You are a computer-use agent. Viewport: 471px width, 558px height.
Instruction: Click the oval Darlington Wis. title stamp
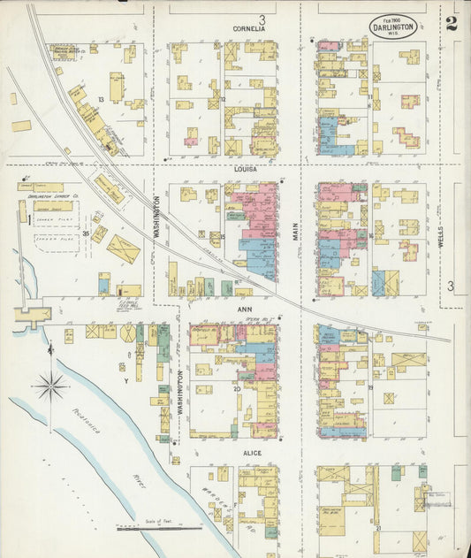coord(393,25)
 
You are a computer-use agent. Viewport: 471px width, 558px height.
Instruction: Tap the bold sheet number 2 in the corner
coord(452,23)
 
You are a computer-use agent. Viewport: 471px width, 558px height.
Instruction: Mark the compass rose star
coord(50,386)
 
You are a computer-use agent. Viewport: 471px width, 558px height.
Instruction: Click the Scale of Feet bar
coord(159,529)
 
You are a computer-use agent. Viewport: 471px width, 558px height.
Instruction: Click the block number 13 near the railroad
coord(102,100)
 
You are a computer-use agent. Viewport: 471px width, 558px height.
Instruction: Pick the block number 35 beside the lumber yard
coord(86,233)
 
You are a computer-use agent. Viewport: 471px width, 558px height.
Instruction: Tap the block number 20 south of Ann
coord(237,388)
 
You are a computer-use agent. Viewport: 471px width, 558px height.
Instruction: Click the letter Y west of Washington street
coord(126,380)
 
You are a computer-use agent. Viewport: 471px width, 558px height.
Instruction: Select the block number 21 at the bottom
coord(377,528)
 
